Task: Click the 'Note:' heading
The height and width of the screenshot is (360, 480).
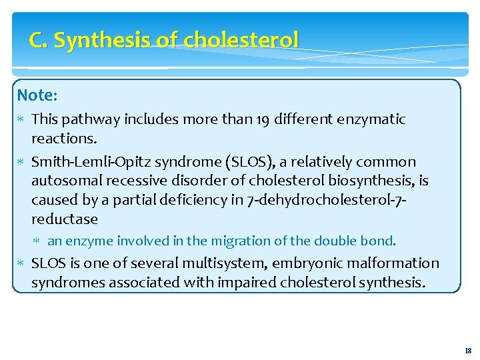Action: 37,95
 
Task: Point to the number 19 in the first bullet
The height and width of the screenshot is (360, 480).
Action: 265,119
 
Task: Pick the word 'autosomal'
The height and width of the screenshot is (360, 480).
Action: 64,181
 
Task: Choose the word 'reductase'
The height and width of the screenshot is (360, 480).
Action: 65,219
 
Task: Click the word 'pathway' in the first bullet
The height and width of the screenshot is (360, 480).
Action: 93,120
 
